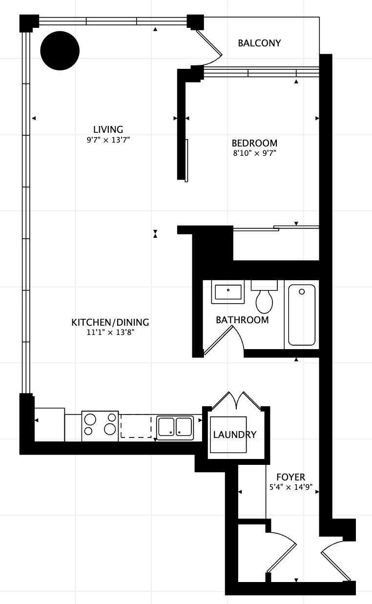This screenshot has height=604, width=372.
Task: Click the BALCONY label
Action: tap(259, 43)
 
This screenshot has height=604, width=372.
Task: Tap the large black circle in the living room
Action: tap(60, 51)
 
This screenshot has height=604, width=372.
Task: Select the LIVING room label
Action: tap(108, 129)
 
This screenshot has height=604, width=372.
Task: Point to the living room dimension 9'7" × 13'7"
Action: tap(108, 140)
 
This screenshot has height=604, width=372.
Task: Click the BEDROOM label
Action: tap(254, 143)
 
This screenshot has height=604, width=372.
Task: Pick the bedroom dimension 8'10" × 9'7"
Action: tap(254, 153)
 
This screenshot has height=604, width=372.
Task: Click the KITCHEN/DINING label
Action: tap(110, 322)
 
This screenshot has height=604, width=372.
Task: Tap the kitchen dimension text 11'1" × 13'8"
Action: tap(110, 332)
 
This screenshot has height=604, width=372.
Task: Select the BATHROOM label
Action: tap(242, 320)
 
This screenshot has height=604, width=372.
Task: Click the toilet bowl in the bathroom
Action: tap(264, 301)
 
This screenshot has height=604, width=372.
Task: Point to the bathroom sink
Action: tap(228, 292)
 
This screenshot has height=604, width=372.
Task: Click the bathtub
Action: tap(302, 314)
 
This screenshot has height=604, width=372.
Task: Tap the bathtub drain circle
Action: tap(302, 292)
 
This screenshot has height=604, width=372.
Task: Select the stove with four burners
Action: tap(100, 426)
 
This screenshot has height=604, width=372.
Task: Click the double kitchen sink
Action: tap(175, 428)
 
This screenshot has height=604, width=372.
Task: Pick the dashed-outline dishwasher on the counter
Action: tap(136, 426)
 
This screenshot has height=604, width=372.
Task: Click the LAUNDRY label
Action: tap(234, 435)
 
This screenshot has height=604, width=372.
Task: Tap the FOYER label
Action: tap(290, 477)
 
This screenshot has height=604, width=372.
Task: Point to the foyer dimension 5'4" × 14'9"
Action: tap(291, 487)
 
